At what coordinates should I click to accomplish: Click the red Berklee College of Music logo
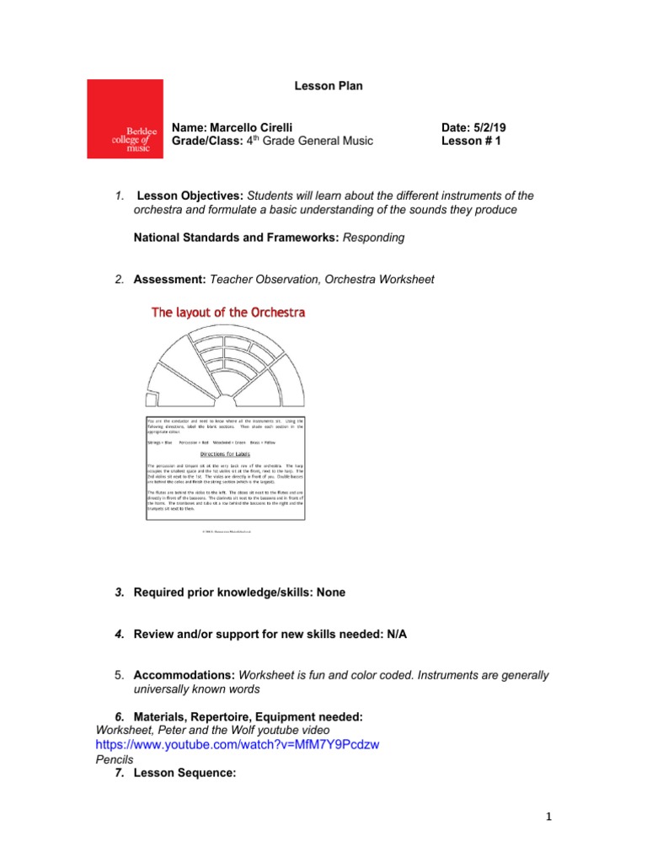pyautogui.click(x=125, y=119)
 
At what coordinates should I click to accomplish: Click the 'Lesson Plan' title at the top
pyautogui.click(x=328, y=86)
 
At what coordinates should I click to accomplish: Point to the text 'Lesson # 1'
pyautogui.click(x=471, y=142)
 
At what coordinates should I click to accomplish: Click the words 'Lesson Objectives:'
pyautogui.click(x=186, y=196)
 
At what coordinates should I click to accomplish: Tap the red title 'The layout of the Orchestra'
pyautogui.click(x=227, y=313)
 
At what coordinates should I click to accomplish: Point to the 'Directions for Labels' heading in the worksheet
pyautogui.click(x=226, y=454)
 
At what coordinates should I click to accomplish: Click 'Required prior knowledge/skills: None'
pyautogui.click(x=239, y=592)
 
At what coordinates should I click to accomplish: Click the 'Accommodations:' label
pyautogui.click(x=184, y=676)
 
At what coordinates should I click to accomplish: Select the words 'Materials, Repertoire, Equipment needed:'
pyautogui.click(x=248, y=716)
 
